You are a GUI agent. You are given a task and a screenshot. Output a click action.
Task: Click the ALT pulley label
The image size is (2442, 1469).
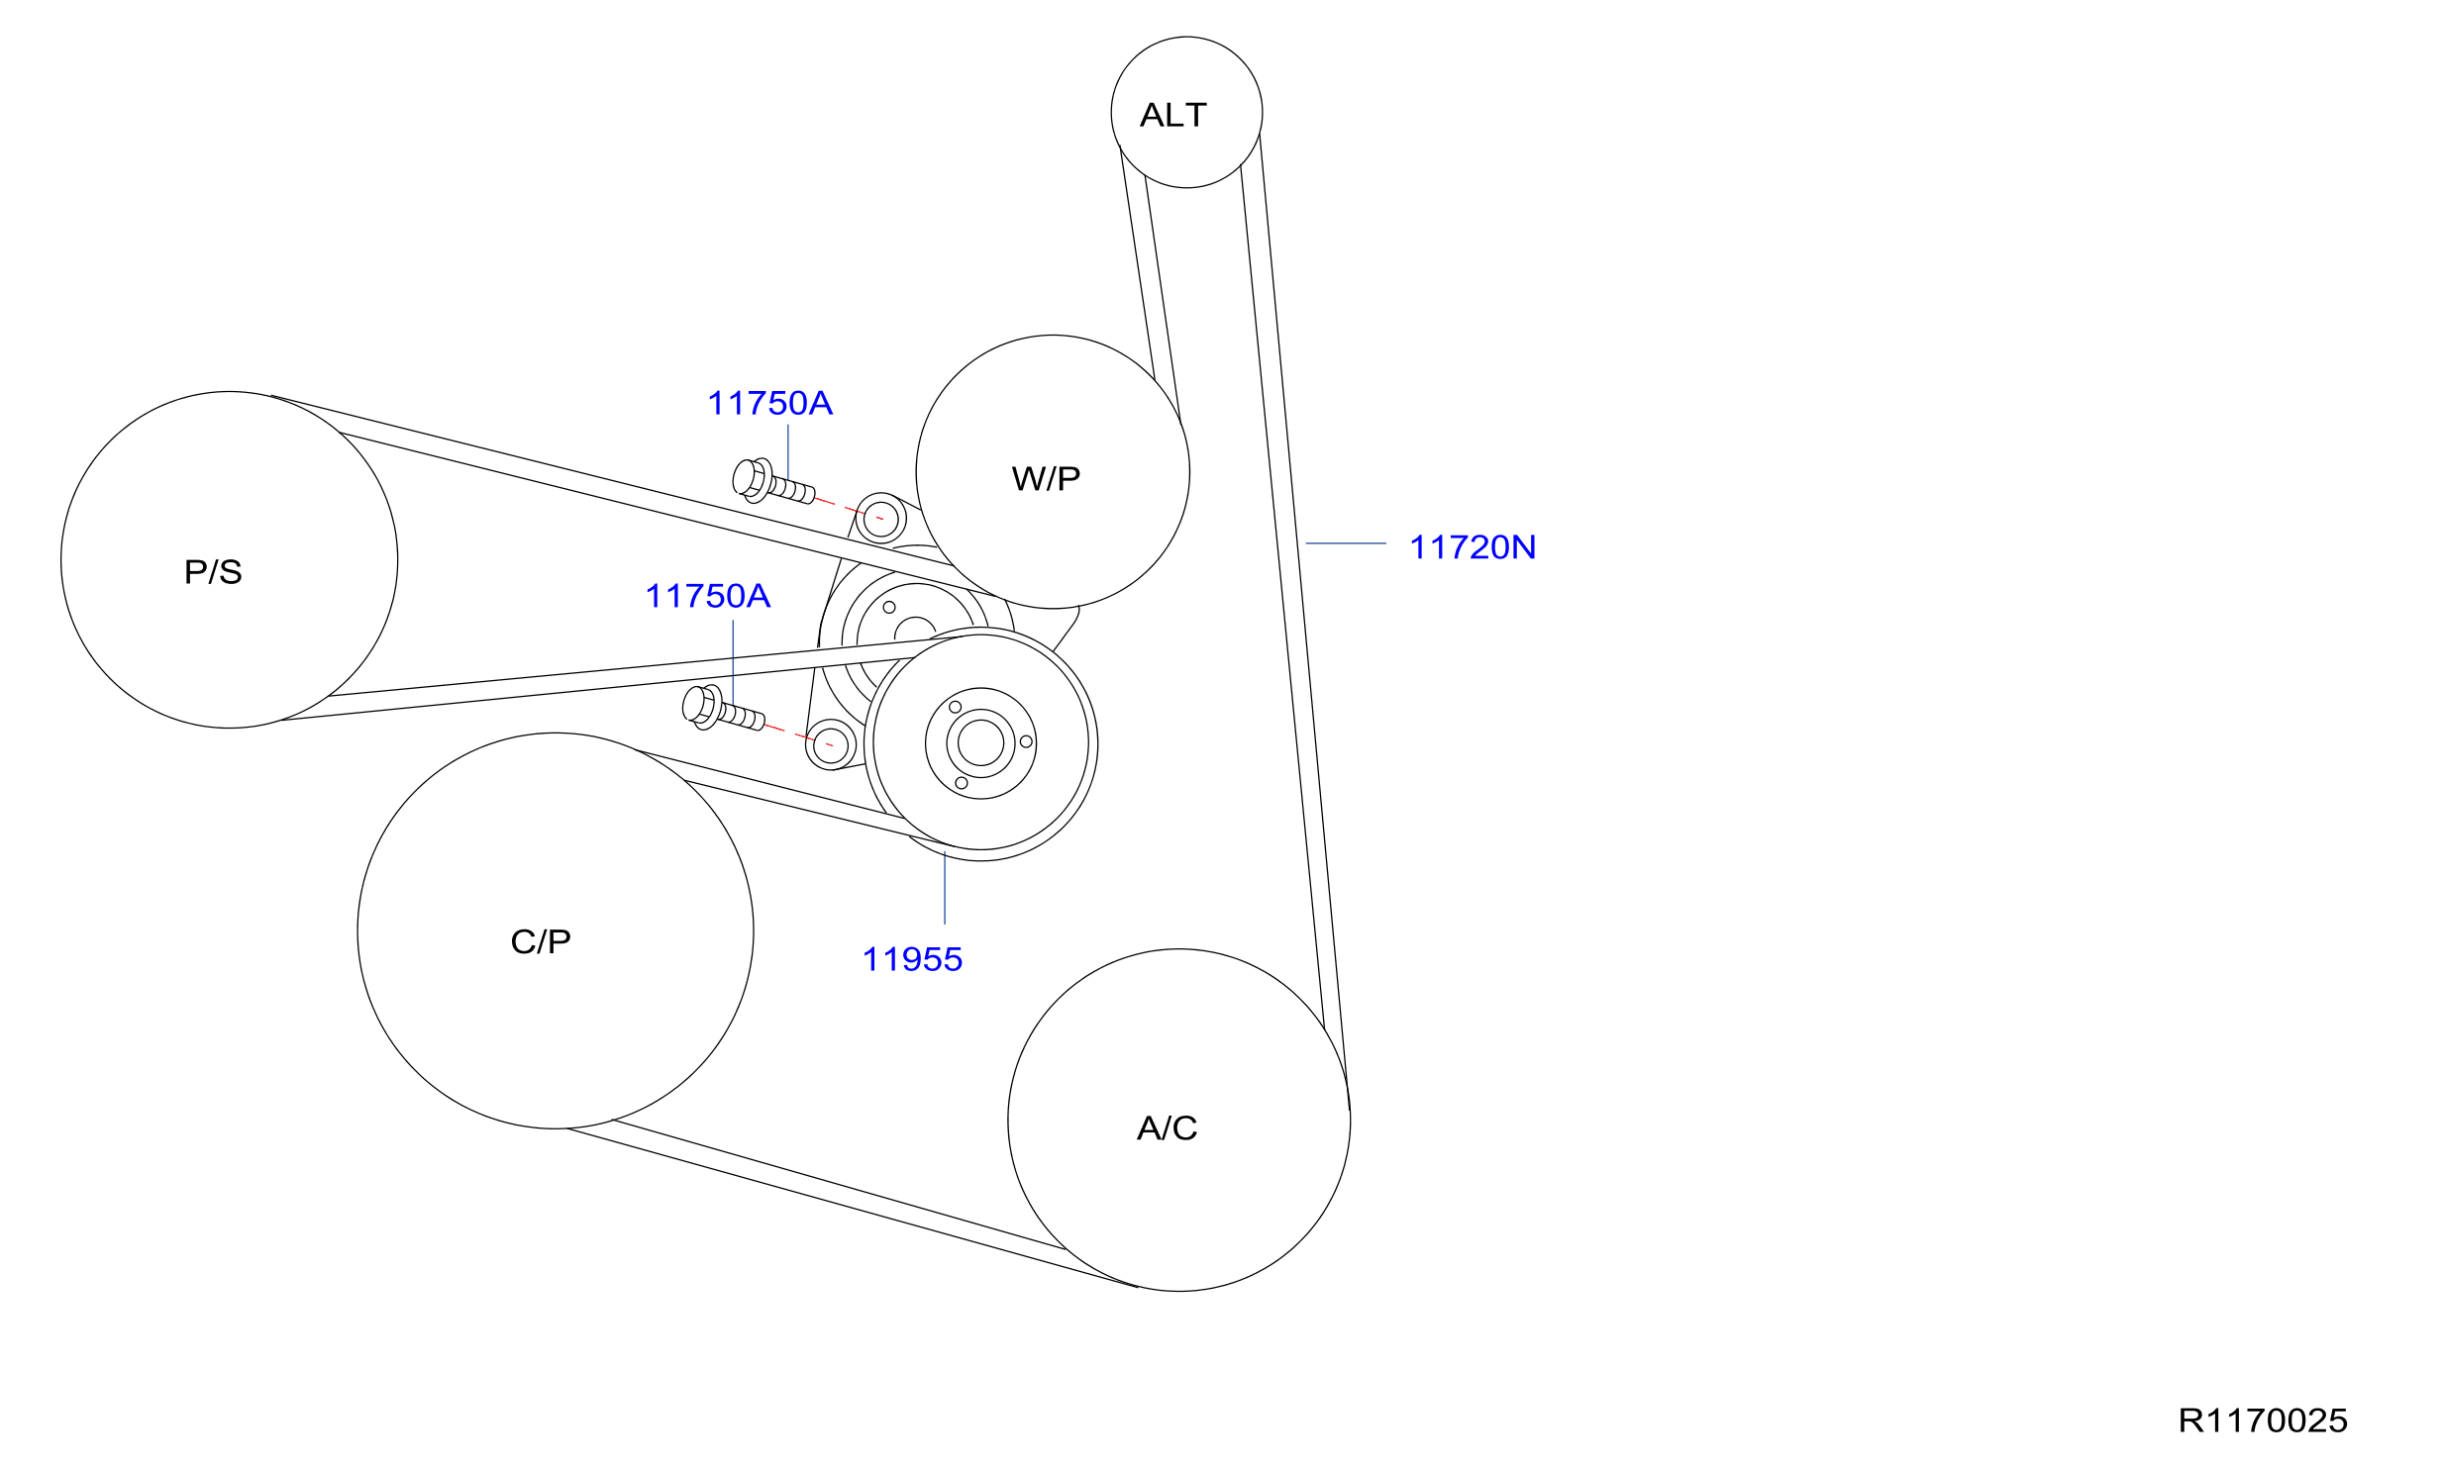pyautogui.click(x=1172, y=115)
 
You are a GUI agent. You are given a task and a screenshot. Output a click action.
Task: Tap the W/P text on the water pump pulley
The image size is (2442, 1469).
pyautogui.click(x=1046, y=478)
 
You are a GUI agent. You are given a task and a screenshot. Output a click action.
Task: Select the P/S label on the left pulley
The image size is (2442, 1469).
pyautogui.click(x=213, y=571)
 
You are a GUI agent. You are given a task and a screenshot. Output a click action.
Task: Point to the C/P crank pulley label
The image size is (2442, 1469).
pyautogui.click(x=541, y=940)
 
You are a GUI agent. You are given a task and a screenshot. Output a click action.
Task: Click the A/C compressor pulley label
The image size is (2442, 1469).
pyautogui.click(x=1167, y=1127)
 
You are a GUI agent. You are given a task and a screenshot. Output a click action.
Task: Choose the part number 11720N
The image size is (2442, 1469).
pyautogui.click(x=1473, y=546)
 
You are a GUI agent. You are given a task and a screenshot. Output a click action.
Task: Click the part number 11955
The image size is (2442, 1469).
pyautogui.click(x=912, y=959)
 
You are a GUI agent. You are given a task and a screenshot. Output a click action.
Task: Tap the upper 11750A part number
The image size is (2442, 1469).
pyautogui.click(x=769, y=403)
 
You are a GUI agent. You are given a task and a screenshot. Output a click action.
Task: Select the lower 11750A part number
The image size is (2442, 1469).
pyautogui.click(x=707, y=596)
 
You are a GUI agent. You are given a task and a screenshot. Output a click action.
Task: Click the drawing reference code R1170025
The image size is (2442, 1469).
pyautogui.click(x=2263, y=1420)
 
